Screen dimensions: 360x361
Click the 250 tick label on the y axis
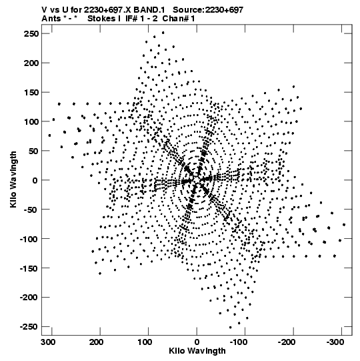(x=31, y=33)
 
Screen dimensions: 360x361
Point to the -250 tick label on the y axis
(x=29, y=327)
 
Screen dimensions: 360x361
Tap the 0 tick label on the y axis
(x=35, y=180)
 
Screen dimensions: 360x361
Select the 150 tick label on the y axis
(x=31, y=92)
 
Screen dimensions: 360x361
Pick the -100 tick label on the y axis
(x=29, y=239)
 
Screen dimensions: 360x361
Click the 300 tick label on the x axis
(x=48, y=342)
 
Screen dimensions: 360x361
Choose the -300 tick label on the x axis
(x=335, y=342)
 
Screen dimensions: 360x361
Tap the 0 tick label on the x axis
(x=197, y=342)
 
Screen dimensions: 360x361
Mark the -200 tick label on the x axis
(x=287, y=342)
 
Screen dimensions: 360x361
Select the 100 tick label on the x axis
(x=145, y=342)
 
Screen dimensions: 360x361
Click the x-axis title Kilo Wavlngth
(x=197, y=351)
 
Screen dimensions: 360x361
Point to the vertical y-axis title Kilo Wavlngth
(x=13, y=179)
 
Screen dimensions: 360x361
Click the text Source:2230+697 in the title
(x=208, y=10)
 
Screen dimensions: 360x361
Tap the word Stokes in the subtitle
(x=102, y=19)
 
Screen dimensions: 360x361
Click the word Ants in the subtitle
(x=51, y=19)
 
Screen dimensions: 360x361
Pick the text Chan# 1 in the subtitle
(x=179, y=19)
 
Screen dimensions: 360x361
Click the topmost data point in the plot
(x=163, y=33)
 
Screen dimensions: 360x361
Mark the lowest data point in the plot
(x=230, y=328)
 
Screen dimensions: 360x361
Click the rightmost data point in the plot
(x=344, y=225)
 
